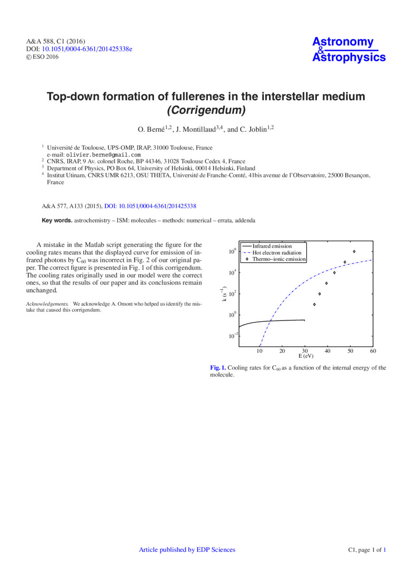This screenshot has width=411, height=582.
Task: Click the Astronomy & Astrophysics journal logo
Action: coord(349,50)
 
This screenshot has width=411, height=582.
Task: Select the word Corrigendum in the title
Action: coord(205,110)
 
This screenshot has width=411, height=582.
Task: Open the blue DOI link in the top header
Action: coord(87,49)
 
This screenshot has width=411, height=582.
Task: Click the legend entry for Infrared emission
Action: coord(272,246)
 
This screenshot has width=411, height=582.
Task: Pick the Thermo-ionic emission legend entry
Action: coord(279,259)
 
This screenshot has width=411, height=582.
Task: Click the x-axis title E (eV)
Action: coord(305,356)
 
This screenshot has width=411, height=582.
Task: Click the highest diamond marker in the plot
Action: coord(354,252)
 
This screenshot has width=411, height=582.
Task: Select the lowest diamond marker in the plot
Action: coord(314,304)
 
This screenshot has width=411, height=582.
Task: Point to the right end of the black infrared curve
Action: coord(304,320)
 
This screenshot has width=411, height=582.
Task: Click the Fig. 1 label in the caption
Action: coord(218,368)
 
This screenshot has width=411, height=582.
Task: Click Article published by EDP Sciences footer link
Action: coord(187,550)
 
